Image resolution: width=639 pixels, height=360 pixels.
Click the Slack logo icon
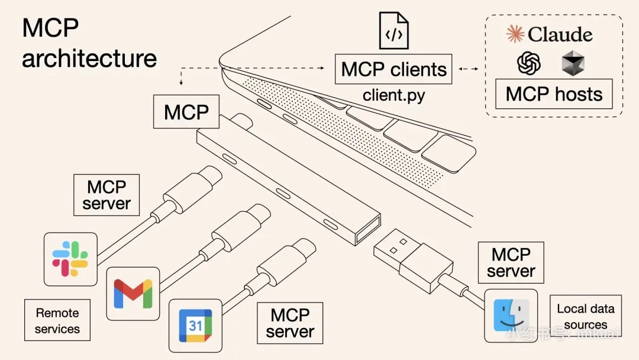pos(70,259)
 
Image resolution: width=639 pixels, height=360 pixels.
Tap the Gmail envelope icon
pos(133,293)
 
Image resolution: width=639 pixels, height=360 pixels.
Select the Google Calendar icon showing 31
pos(196,325)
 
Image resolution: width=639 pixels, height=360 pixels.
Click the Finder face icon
pos(511,316)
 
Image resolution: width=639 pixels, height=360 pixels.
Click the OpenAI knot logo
pos(529,63)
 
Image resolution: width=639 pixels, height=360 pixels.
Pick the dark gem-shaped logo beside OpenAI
pos(573,63)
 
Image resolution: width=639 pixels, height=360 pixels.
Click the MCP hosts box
pos(554,94)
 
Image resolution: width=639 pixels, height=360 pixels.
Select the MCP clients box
pos(393,69)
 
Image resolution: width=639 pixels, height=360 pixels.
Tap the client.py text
pos(393,95)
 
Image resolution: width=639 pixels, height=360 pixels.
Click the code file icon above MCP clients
pos(394,31)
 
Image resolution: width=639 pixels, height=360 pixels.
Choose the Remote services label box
pos(57,320)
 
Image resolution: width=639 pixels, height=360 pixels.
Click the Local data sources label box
pos(585,316)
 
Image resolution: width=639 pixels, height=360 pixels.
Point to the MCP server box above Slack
pos(106,195)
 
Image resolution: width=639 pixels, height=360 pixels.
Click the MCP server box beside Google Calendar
pos(289,323)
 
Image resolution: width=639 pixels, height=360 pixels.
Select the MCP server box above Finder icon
pos(511,263)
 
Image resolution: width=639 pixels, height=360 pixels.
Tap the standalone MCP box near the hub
pos(186,112)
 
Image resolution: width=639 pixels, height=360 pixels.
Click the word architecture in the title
pos(89,58)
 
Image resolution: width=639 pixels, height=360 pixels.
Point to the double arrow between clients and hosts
pos(469,69)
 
